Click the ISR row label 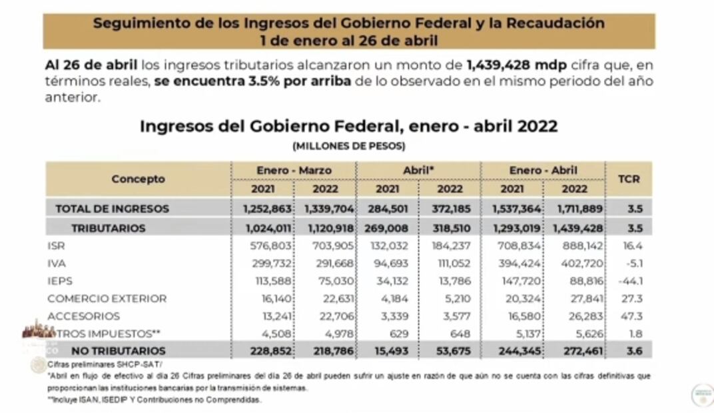[55, 246]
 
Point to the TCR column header [629, 179]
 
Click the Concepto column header [138, 179]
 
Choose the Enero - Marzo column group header [294, 171]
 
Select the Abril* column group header [418, 171]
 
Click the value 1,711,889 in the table [574, 208]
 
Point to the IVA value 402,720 [574, 263]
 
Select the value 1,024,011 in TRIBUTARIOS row [262, 228]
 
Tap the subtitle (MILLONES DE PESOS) [348, 145]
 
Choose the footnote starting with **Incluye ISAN [155, 400]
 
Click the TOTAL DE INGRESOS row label [112, 208]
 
